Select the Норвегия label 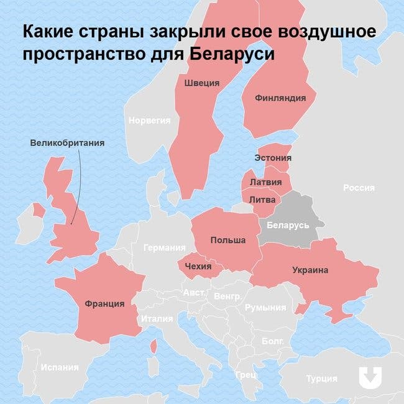[149, 121]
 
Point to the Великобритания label [67, 143]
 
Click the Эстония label [272, 158]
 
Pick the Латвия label [264, 182]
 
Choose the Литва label [262, 200]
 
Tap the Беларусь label [288, 224]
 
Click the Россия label [359, 188]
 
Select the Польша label [227, 240]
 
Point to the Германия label [164, 247]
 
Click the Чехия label [199, 267]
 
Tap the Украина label [310, 270]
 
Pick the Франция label [104, 304]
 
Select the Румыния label [265, 307]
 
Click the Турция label [321, 378]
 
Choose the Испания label [60, 367]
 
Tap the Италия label [157, 319]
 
